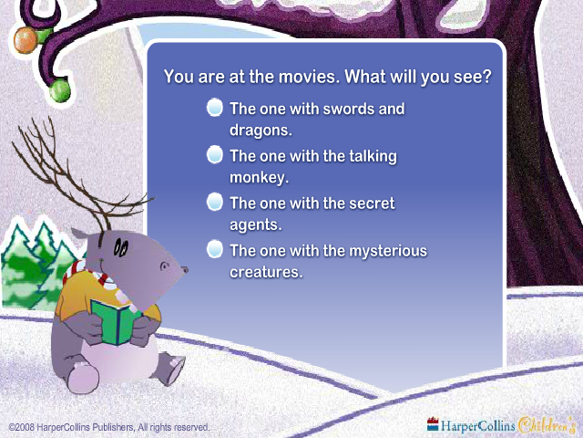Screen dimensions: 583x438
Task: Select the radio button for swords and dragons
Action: [215, 108]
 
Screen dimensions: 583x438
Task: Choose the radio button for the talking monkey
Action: [215, 154]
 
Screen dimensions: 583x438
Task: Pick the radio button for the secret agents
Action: [215, 202]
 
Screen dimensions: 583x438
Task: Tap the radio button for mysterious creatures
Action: [215, 249]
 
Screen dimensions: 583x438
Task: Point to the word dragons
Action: [261, 130]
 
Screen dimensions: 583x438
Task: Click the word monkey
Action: [259, 177]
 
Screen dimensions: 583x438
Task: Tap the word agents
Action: [256, 225]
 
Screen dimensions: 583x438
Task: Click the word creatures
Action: [266, 272]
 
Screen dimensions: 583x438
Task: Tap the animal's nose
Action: [184, 270]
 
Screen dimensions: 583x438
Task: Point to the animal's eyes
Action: [121, 247]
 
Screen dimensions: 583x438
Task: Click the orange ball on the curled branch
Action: [26, 39]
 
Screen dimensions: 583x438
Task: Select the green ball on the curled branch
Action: [60, 90]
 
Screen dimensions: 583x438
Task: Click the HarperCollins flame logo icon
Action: [433, 424]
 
